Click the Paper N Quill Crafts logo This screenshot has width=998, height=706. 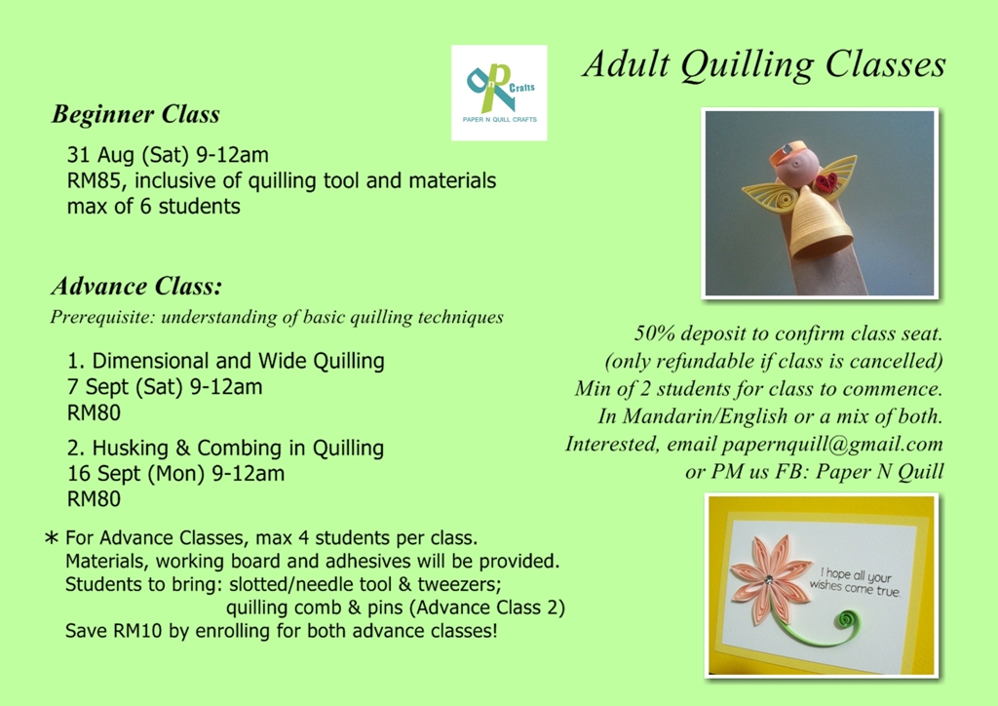click(499, 93)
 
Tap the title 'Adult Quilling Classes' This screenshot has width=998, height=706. click(764, 64)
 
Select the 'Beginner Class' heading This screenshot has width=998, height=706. click(135, 115)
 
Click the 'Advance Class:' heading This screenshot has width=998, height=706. click(136, 287)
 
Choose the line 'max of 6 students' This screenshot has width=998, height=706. click(153, 206)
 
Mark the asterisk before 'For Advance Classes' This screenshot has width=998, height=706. click(53, 537)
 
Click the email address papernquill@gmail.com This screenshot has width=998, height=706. click(832, 444)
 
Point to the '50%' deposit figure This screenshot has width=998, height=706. click(654, 333)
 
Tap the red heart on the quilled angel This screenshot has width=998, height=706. click(828, 181)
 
